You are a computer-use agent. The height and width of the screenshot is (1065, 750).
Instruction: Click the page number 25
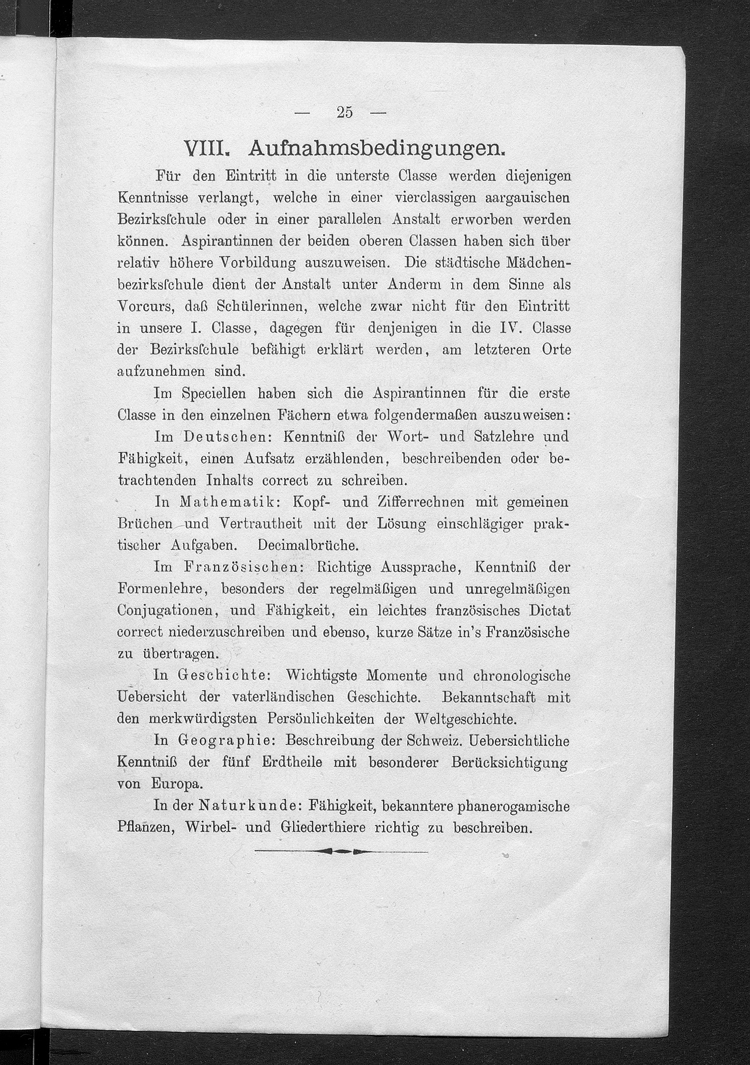point(344,112)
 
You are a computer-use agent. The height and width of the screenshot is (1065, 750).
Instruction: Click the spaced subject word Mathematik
point(229,502)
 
